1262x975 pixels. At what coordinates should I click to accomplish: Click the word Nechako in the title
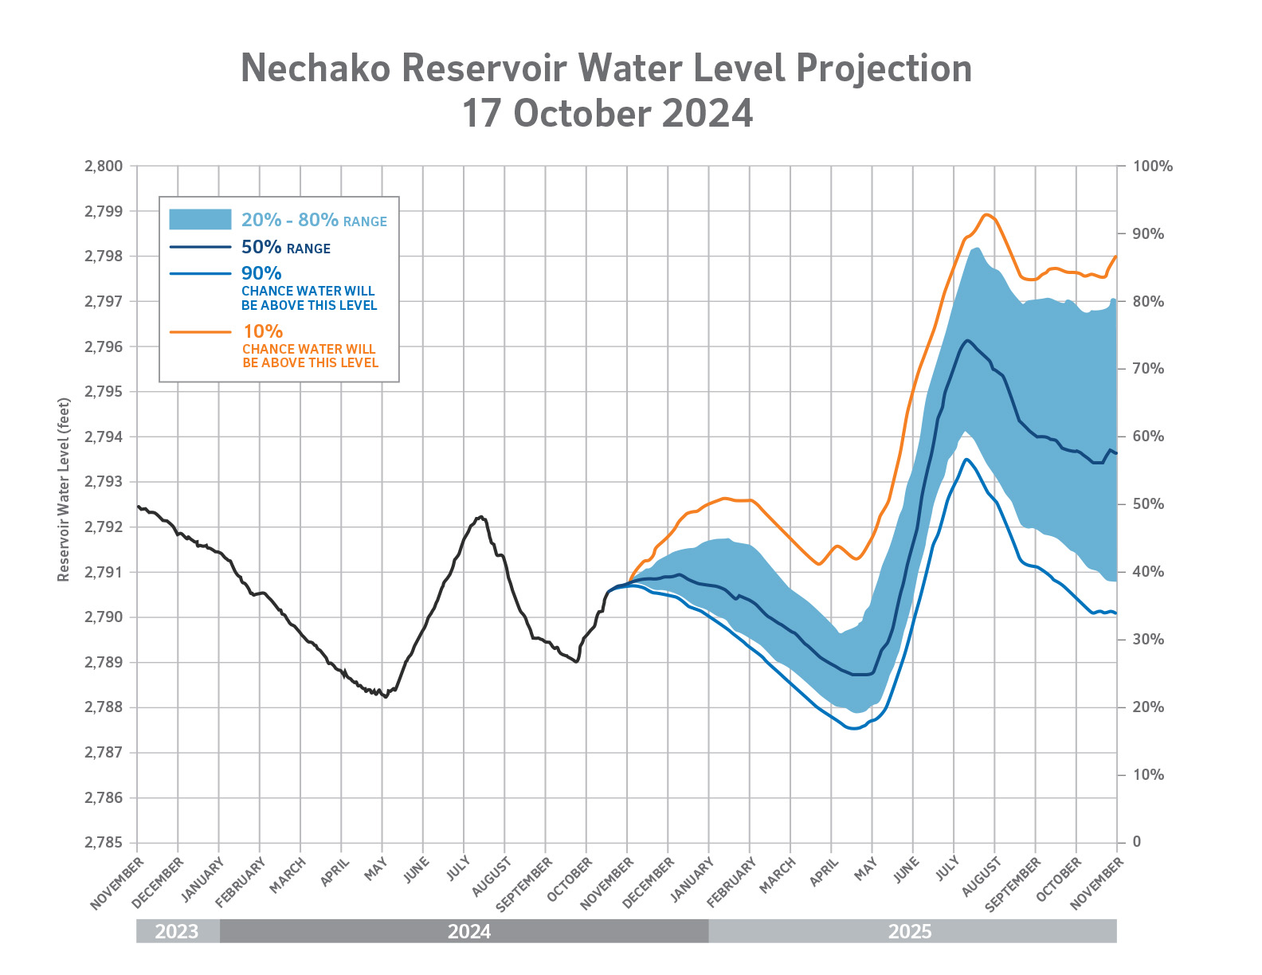coord(315,69)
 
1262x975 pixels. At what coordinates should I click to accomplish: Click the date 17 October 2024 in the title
coord(607,114)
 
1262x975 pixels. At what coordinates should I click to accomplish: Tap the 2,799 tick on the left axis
coord(103,212)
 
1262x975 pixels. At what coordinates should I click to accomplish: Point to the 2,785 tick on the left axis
coord(103,843)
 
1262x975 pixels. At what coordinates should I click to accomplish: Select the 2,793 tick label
coord(103,482)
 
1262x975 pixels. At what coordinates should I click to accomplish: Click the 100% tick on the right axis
coord(1152,166)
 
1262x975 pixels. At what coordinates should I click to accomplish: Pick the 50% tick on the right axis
coord(1147,504)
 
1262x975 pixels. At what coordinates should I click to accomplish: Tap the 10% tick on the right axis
coord(1147,775)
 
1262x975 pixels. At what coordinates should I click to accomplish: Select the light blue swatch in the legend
coord(200,220)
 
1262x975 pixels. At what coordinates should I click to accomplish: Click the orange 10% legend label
coord(264,331)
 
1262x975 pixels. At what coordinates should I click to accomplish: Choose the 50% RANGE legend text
coord(285,248)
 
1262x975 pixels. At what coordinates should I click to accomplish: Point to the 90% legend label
coord(261,273)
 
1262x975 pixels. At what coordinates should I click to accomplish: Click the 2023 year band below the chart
coord(177,931)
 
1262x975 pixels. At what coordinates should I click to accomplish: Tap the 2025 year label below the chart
coord(910,931)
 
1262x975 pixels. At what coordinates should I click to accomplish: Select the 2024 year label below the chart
coord(469,931)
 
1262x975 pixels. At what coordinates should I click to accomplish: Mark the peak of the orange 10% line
coord(987,214)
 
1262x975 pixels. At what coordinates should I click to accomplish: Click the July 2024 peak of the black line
coord(480,517)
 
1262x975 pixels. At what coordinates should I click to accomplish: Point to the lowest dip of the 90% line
coord(852,728)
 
